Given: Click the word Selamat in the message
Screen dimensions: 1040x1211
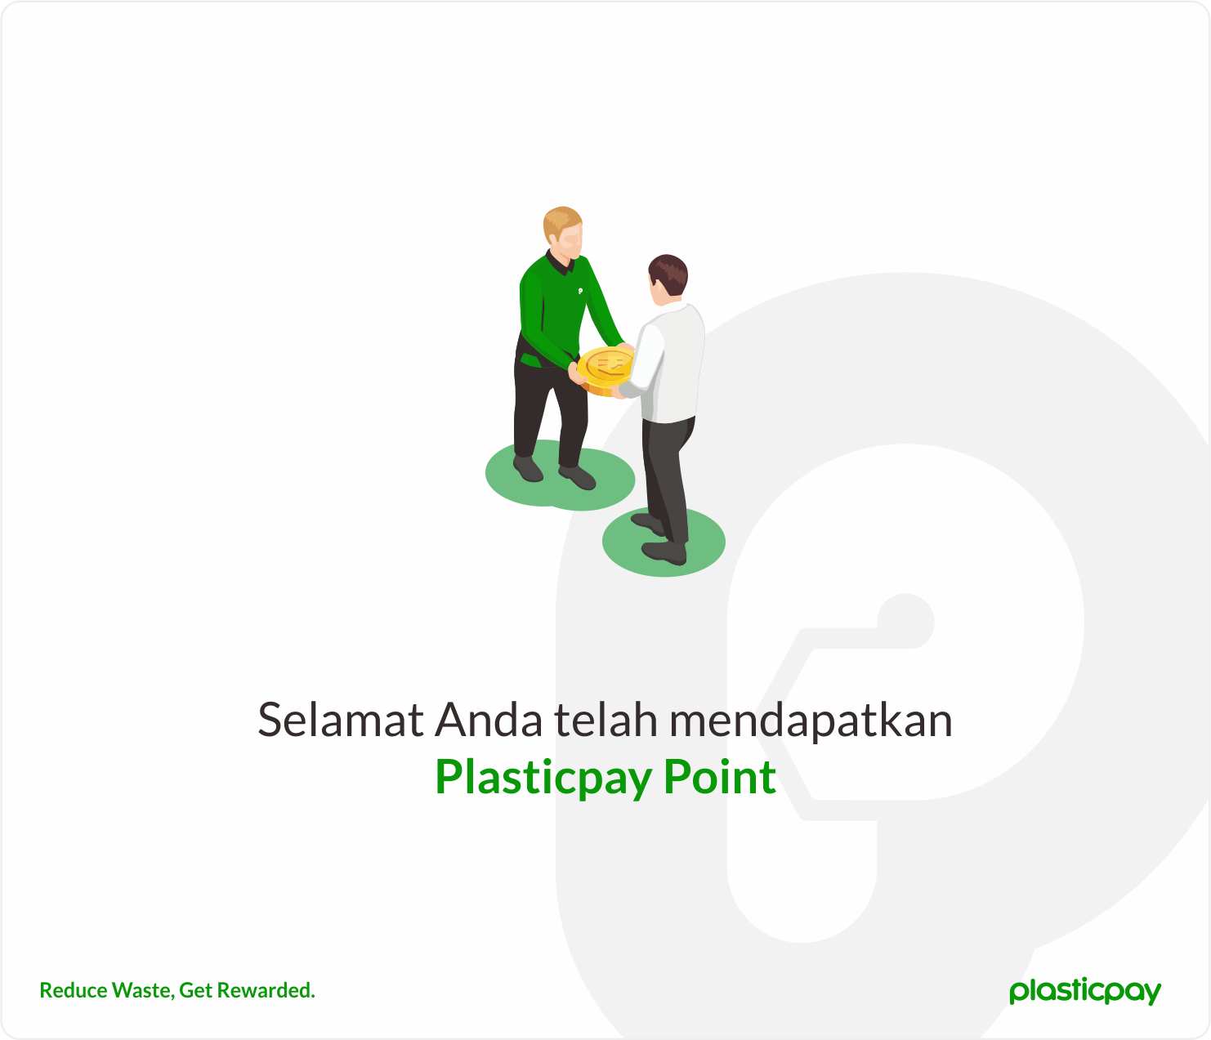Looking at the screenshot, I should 340,721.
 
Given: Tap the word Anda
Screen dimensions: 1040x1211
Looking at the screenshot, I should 489,721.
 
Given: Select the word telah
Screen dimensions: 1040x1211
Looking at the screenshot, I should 605,721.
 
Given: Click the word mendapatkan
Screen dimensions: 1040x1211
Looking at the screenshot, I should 811,721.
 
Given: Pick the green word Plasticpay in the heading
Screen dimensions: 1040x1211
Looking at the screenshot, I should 543,777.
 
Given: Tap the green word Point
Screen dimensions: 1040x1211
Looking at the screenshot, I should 719,777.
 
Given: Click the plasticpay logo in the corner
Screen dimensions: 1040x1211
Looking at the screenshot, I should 1084,990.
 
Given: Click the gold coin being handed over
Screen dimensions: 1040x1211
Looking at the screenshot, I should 605,368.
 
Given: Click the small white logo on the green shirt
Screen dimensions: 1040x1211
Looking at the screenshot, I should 580,290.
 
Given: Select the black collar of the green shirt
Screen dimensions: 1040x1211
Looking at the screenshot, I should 559,264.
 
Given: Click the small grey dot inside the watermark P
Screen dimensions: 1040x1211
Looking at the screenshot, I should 905,621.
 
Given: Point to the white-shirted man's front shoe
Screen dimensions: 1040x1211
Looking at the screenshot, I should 664,552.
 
